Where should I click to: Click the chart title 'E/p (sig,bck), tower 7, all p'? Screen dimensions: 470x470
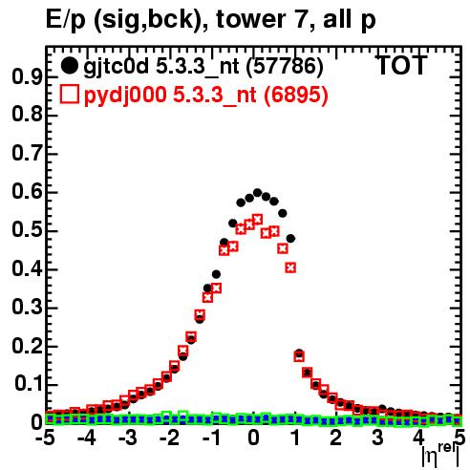(x=210, y=19)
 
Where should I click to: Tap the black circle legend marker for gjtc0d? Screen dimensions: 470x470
(x=69, y=66)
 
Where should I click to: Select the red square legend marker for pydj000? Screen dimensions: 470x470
(x=69, y=95)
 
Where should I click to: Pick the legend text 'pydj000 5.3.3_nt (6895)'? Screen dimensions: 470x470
(x=205, y=96)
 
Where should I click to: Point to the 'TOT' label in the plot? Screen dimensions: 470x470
(x=401, y=66)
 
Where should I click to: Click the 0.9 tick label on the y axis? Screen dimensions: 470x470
(x=27, y=77)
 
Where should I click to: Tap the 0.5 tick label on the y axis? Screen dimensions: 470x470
(x=27, y=231)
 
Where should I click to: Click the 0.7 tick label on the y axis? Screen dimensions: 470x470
(x=27, y=154)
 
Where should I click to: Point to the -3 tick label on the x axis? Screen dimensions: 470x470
(x=128, y=438)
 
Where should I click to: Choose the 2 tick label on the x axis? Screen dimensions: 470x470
(x=336, y=438)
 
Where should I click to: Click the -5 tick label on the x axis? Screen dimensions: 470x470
(x=45, y=438)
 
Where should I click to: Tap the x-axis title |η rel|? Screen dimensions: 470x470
(x=440, y=454)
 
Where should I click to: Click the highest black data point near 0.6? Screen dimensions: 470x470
(x=257, y=193)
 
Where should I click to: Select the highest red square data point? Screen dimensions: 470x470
(x=257, y=220)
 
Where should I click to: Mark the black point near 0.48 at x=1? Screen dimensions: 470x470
(x=290, y=238)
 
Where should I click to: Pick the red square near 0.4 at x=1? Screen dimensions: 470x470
(x=290, y=267)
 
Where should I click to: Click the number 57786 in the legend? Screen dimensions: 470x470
(x=285, y=66)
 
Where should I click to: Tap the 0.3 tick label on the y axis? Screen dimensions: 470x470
(x=27, y=308)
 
